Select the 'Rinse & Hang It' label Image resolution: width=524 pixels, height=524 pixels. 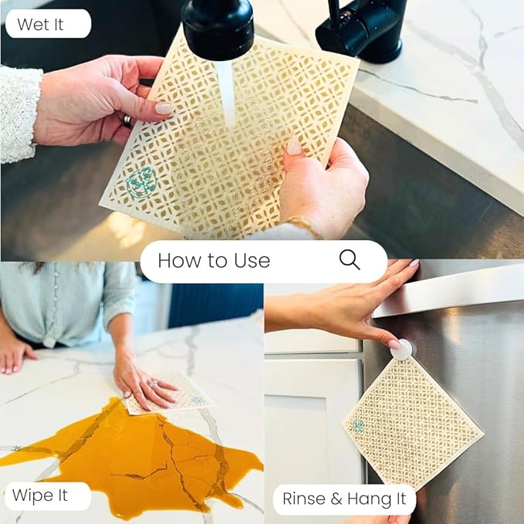click(344, 499)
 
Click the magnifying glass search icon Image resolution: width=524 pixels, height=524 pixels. click(350, 260)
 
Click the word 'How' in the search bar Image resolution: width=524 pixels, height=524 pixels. click(175, 261)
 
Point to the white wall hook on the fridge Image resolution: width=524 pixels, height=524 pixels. click(401, 350)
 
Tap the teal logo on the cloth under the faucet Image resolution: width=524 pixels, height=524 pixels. click(140, 183)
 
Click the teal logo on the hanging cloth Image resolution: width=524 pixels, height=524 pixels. click(359, 425)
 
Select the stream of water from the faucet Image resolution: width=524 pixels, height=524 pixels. click(225, 93)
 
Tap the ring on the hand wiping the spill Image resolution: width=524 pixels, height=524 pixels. click(153, 383)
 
